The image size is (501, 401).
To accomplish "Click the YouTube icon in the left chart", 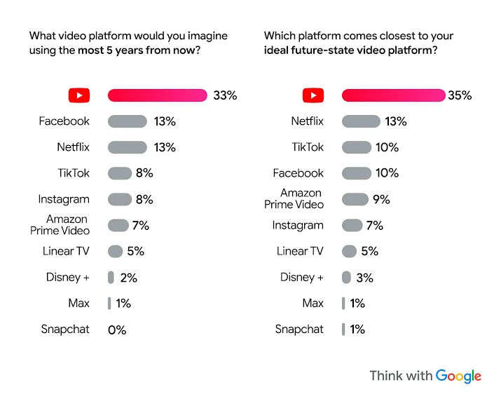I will (78, 95).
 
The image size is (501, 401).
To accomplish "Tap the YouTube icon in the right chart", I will (313, 95).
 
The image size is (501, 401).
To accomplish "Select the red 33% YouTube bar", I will (157, 95).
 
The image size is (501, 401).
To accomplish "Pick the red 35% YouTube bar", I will (392, 95).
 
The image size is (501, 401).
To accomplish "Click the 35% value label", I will (460, 95).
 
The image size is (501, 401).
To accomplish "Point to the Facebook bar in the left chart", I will (127, 121).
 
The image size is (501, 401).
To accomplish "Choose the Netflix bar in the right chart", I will (361, 121).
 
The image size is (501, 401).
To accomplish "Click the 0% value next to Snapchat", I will (117, 329).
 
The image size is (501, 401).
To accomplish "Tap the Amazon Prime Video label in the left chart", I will (60, 225).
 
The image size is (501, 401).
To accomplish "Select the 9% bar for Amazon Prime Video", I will (355, 199).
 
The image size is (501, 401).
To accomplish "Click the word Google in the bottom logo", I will (458, 376).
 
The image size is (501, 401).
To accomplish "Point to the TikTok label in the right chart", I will (308, 147).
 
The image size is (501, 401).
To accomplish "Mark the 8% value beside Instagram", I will (144, 199).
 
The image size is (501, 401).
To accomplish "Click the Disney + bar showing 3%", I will (346, 278).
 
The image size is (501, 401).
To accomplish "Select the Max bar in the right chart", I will (343, 304).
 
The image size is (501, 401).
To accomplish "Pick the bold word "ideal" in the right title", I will (277, 50).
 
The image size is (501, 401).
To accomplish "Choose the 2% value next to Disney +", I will (128, 278).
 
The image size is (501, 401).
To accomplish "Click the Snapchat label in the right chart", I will (299, 329).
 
